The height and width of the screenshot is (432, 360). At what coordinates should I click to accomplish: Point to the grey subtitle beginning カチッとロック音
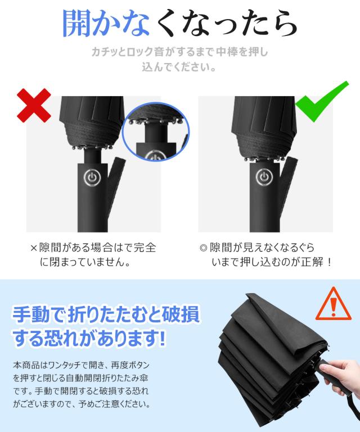(180, 53)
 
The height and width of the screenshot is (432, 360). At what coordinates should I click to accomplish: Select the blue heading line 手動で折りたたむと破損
(106, 313)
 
